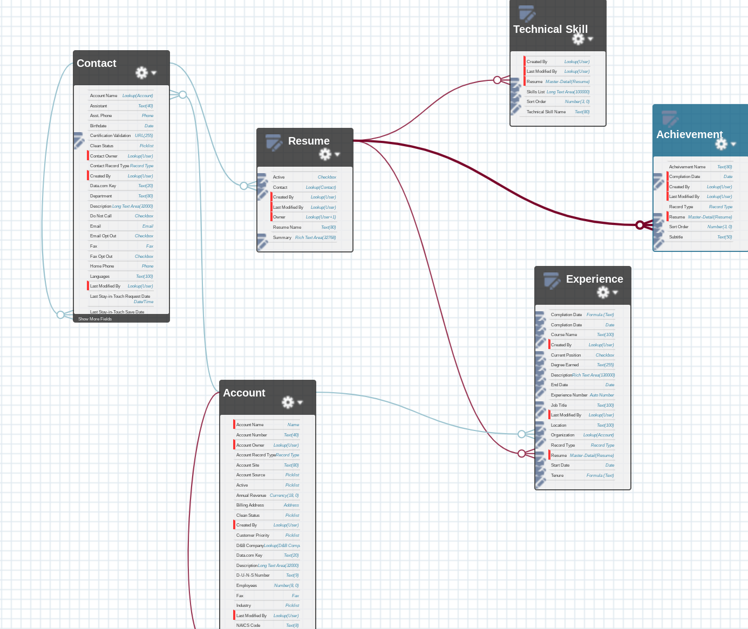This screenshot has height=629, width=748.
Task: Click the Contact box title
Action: pos(97,64)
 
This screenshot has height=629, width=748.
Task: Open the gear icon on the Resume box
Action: pos(325,154)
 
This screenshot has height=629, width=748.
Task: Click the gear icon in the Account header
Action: pos(288,402)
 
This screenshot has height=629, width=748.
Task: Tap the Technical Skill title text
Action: pos(550,30)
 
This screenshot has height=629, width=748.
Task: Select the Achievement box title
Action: pos(689,134)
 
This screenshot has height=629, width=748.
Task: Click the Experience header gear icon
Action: pos(603,292)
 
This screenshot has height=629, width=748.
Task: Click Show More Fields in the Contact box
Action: pos(95,319)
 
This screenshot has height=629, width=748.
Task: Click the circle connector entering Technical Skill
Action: pos(497,80)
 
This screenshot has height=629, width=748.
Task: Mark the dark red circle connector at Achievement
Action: pos(640,225)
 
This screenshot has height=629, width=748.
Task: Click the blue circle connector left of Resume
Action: pos(244,186)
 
